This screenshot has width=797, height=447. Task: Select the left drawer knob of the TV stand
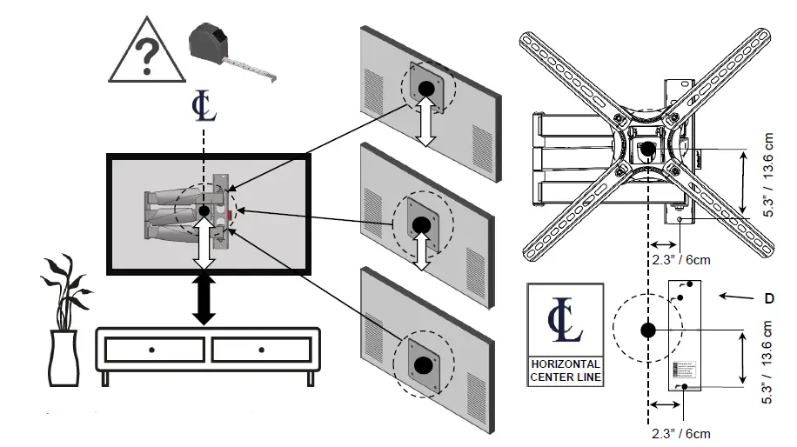click(x=151, y=350)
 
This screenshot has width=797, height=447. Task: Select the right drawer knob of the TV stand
click(x=260, y=350)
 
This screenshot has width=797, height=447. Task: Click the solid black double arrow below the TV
click(x=204, y=298)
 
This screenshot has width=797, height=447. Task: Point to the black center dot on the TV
click(x=204, y=211)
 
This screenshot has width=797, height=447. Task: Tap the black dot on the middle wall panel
click(x=422, y=224)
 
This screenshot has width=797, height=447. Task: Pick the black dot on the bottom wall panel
click(x=424, y=364)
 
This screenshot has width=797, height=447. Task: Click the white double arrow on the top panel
click(x=426, y=127)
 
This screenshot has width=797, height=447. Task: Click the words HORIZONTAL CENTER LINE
click(x=565, y=370)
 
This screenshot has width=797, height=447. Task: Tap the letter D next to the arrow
click(x=769, y=298)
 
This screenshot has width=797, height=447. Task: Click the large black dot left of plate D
click(x=647, y=330)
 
